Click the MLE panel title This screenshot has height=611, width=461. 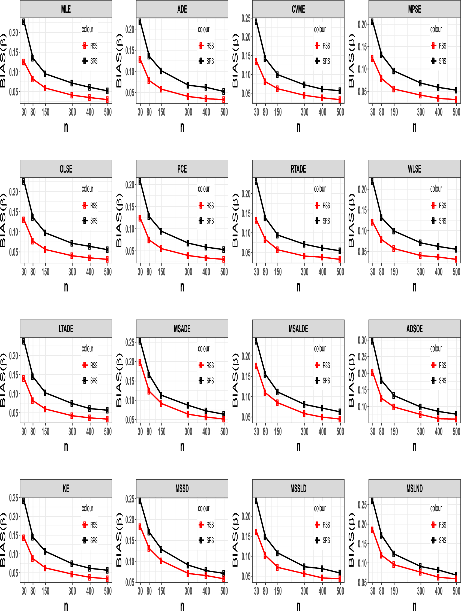pos(66,9)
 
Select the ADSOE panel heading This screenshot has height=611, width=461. pos(414,329)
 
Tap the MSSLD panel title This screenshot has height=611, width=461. pos(298,488)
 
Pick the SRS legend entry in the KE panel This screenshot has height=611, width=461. pos(90,540)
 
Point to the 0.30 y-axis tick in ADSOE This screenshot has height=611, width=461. pos(362,340)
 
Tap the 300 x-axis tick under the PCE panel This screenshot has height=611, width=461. pos(188,272)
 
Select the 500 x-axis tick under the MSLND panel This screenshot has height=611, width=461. pos(456,591)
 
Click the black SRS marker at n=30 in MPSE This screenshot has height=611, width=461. pos(372,22)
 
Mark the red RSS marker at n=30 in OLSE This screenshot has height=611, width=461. pos(23,219)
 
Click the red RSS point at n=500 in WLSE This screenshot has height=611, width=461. pos(456,259)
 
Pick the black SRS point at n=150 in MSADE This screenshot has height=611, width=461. pos(161,395)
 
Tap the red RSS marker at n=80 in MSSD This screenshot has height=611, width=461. pos(149,548)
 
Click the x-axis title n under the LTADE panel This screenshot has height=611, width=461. pos(66,446)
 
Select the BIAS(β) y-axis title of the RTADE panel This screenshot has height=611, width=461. pos(235,220)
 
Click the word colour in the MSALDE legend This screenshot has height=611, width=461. pos(320,349)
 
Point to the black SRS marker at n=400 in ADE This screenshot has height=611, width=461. pos(206,87)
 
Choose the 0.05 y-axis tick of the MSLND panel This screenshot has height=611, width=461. pos(362,583)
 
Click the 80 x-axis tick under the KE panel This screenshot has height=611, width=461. pos(33,591)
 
